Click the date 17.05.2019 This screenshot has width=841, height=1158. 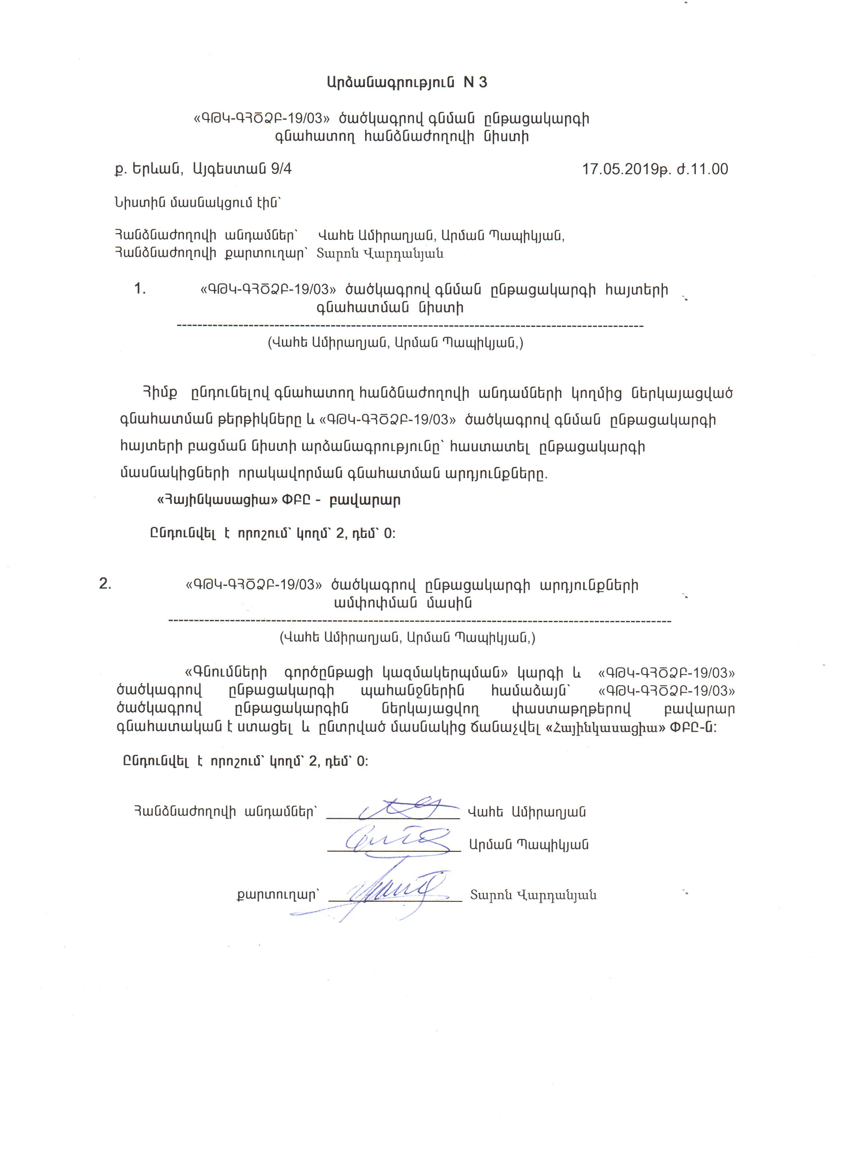point(620,170)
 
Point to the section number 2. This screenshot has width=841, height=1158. point(105,584)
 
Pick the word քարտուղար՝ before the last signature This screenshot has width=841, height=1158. point(278,894)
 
